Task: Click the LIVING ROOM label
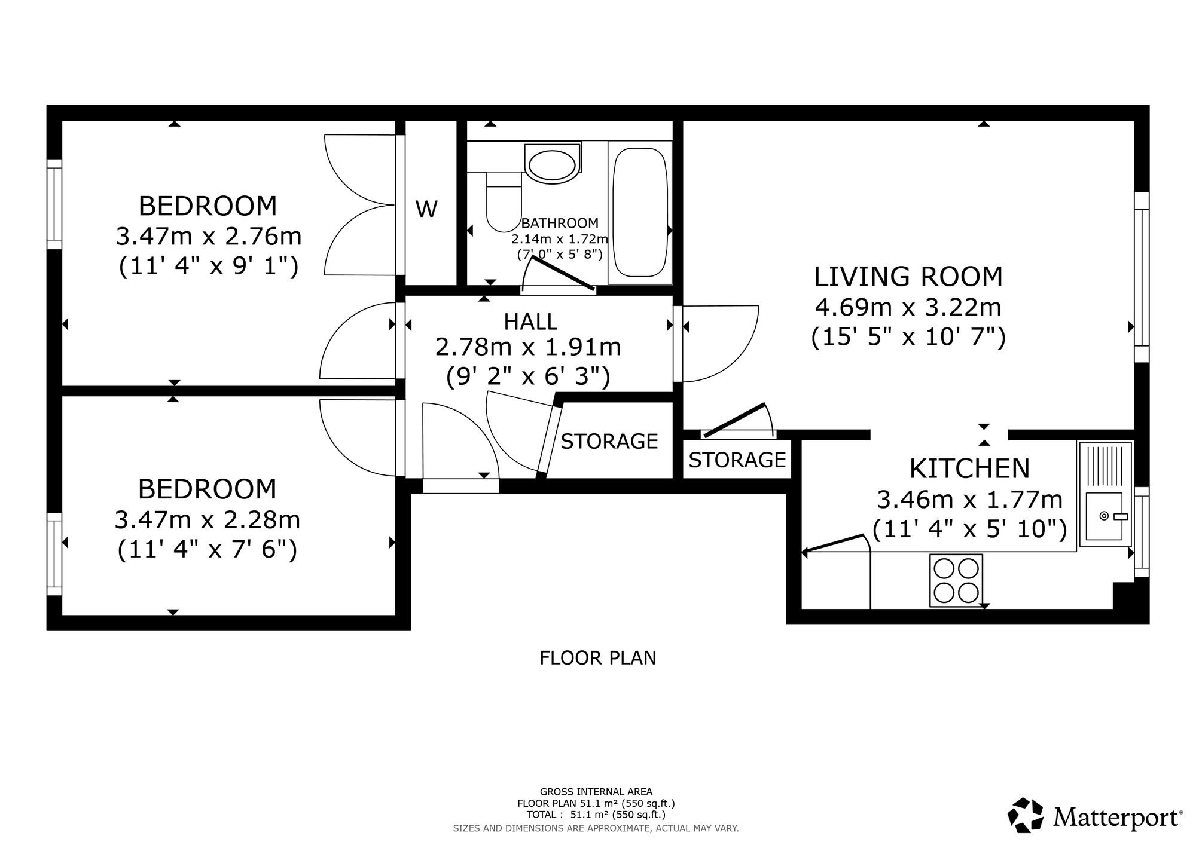point(908,277)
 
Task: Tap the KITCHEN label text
point(969,469)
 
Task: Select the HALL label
point(530,322)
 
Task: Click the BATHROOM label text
point(560,224)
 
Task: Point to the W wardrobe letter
point(426,209)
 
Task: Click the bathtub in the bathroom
point(640,212)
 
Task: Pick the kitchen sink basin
point(1104,516)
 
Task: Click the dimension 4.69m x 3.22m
point(908,308)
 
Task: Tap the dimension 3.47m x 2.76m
point(208,237)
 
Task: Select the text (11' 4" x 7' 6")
point(207,550)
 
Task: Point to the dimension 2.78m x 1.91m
point(528,347)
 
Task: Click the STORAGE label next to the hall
point(609,442)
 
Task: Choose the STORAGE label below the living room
point(737,460)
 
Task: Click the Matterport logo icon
point(1026,815)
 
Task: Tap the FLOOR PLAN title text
point(598,658)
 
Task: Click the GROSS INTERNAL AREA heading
point(596,792)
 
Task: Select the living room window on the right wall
point(1142,277)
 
